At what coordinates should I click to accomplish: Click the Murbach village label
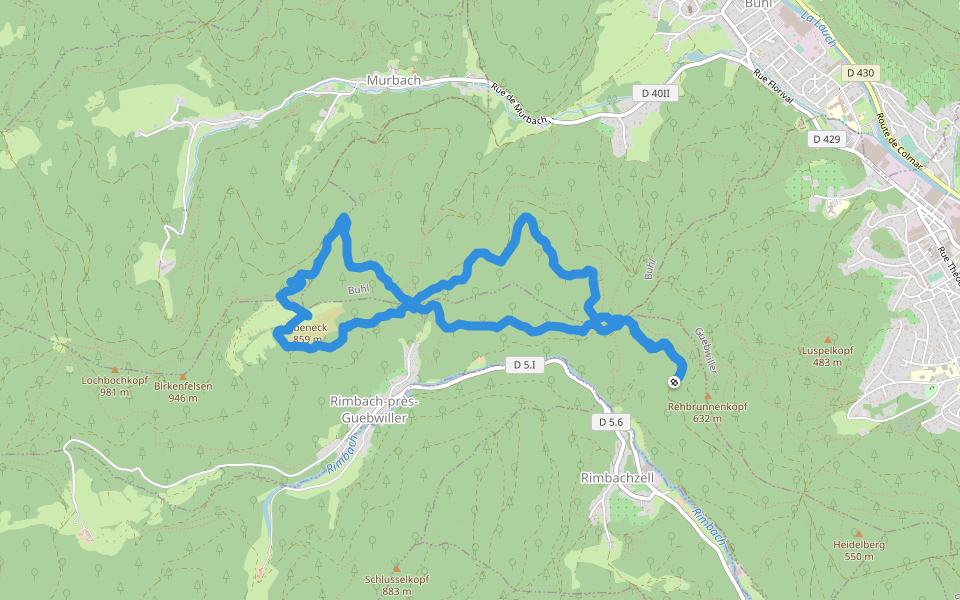(393, 80)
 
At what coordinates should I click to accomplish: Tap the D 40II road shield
(656, 93)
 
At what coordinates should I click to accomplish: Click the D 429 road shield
(826, 138)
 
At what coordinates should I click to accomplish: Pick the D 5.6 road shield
(611, 422)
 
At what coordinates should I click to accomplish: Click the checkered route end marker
(676, 381)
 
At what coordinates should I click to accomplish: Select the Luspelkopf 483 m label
(826, 356)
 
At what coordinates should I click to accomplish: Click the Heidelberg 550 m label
(858, 550)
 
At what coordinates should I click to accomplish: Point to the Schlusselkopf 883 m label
(396, 585)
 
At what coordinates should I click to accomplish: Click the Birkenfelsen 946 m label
(182, 391)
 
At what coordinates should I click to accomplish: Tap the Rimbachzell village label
(616, 478)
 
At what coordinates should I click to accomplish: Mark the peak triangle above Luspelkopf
(827, 340)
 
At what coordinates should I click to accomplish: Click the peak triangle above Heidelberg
(858, 534)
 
